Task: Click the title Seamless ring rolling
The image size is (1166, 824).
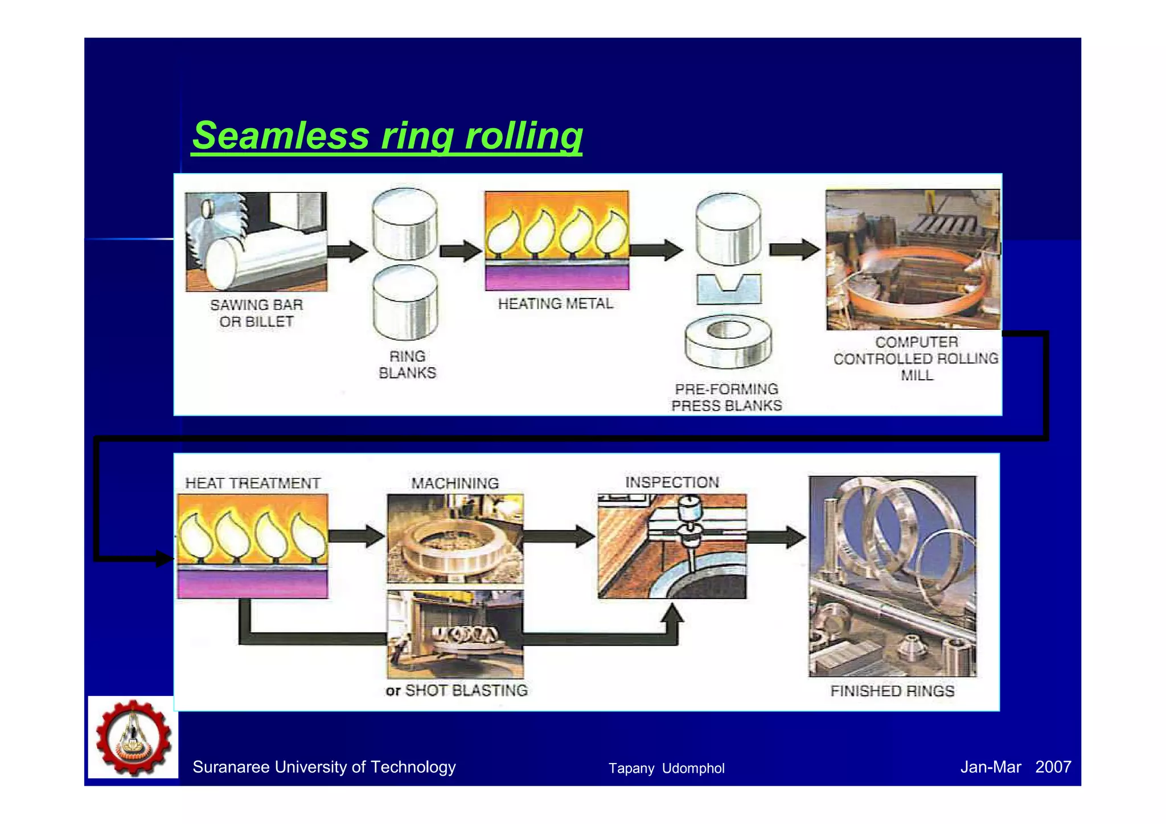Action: [387, 136]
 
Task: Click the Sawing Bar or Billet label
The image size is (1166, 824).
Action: [256, 313]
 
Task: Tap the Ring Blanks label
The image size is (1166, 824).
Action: [407, 364]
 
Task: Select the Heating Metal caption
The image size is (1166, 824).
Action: [555, 304]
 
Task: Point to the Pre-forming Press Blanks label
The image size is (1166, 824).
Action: [726, 397]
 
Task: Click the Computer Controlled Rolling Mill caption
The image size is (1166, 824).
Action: [915, 359]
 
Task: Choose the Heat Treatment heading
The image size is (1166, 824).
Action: [253, 483]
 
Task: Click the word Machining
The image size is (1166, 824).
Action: [455, 483]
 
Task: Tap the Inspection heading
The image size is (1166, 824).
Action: [672, 482]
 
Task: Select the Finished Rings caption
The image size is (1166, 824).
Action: [892, 691]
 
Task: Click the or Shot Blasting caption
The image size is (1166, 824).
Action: [457, 690]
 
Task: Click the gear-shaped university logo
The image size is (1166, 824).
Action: [133, 737]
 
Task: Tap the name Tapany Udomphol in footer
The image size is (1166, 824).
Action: [666, 768]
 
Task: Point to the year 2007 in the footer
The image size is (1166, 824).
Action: [1053, 766]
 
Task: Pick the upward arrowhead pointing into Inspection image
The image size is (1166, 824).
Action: [674, 614]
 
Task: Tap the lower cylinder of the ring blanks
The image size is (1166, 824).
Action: [405, 303]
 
